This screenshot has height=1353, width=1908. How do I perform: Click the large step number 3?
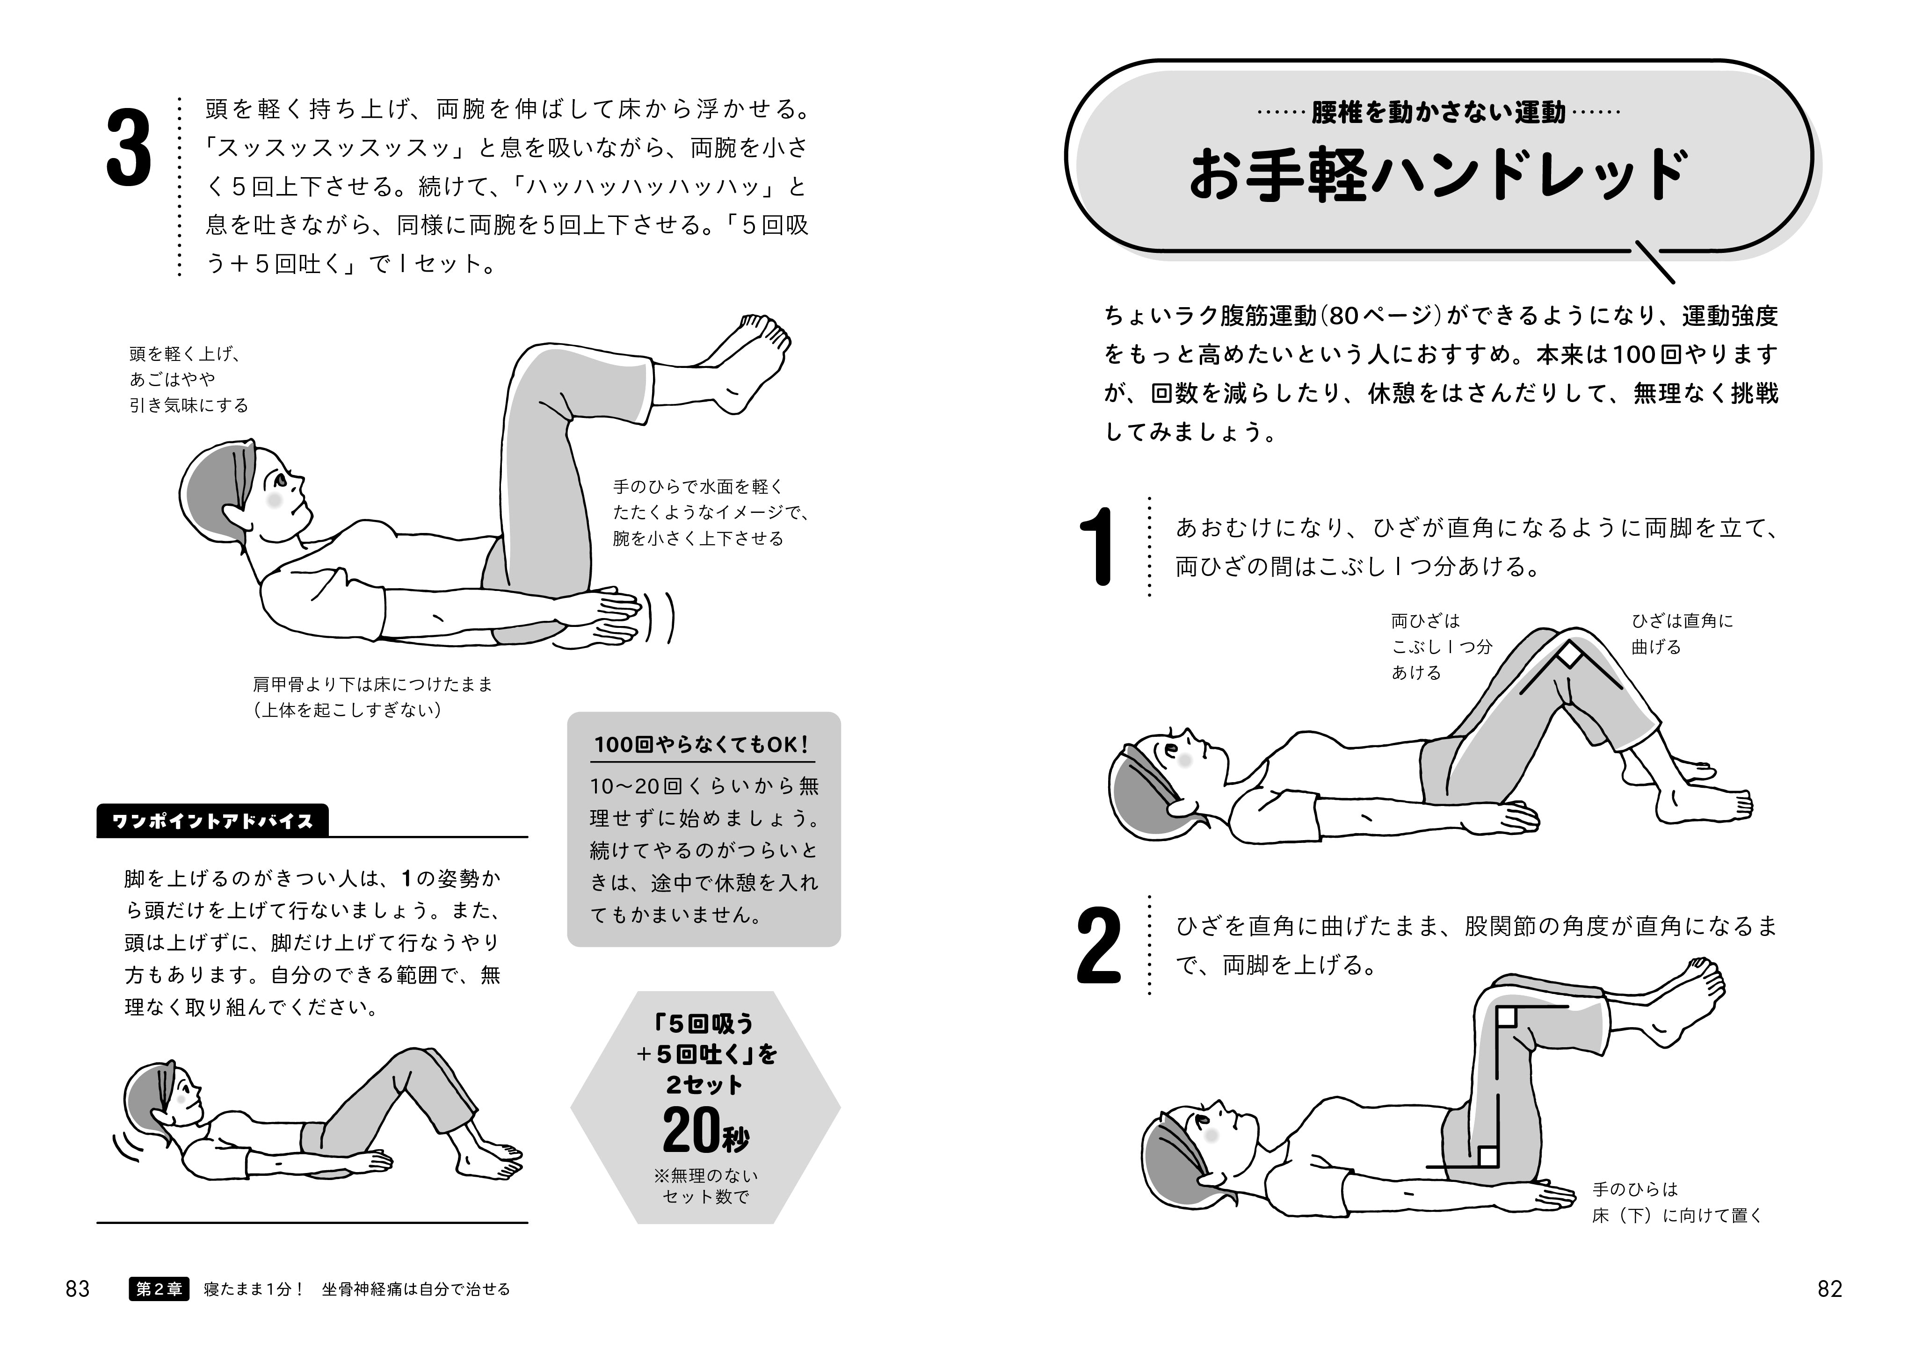pos(129,151)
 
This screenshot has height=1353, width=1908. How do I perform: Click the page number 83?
pos(78,1289)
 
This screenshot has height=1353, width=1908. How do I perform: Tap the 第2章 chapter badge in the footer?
pos(159,1289)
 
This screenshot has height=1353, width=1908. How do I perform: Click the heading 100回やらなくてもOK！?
pos(702,744)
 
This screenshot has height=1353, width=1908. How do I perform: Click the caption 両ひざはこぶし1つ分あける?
pos(1440,647)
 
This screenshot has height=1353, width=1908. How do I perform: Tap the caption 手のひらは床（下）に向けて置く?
pos(1677,1202)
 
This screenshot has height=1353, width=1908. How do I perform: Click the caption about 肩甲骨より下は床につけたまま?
pos(373,697)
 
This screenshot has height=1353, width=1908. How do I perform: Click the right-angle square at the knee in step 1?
pos(1570,655)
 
